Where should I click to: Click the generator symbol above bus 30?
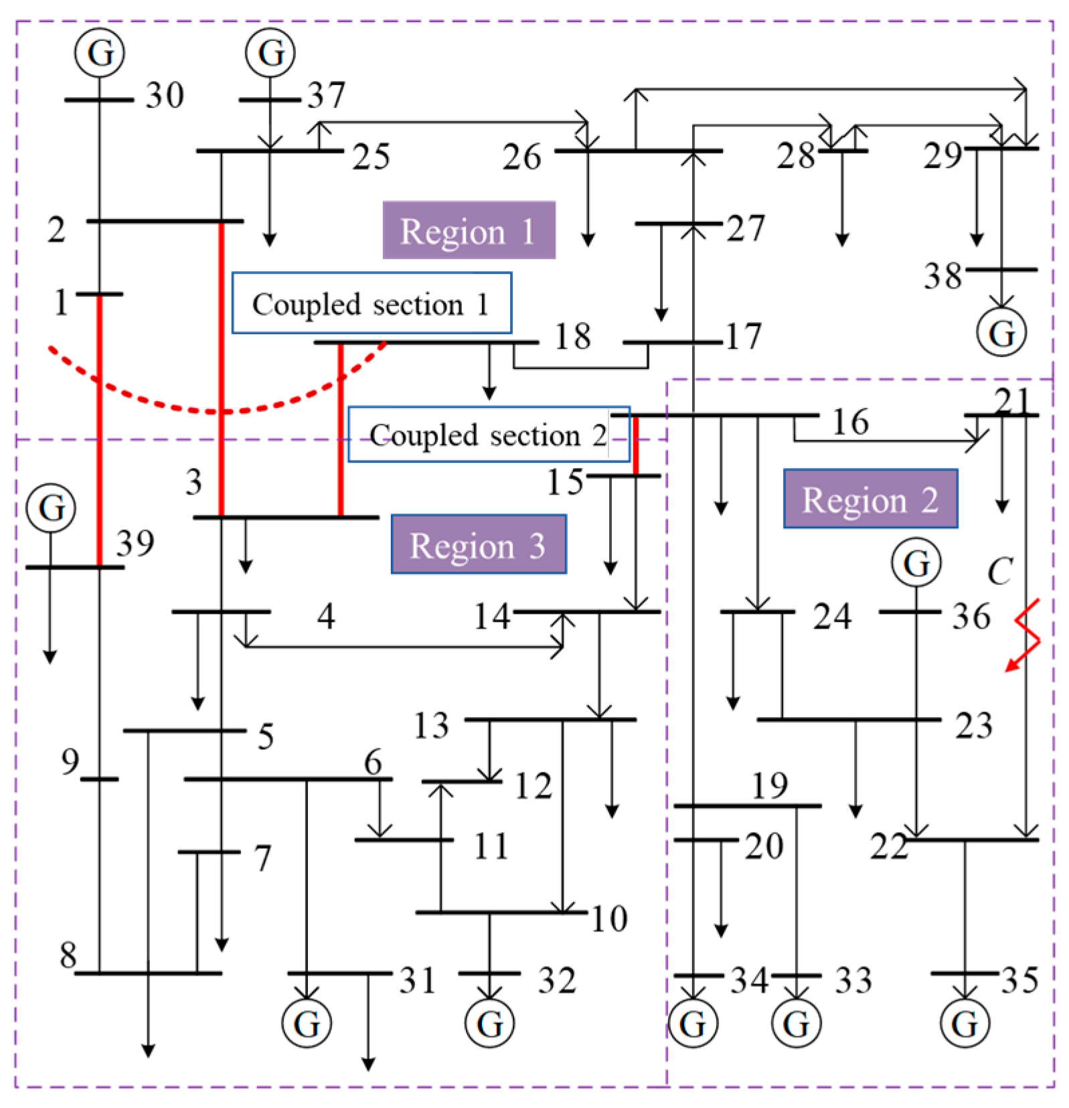pos(99,52)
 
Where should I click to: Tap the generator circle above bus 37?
pos(270,52)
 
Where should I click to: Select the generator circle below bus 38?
pos(1001,333)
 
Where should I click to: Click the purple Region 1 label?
pos(469,230)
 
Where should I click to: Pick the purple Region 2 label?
pos(870,499)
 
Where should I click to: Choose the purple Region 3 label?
pos(478,544)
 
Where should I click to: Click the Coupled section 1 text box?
pos(372,303)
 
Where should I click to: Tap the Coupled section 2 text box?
pos(489,434)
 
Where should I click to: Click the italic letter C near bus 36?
pos(999,571)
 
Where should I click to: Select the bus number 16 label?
pos(850,422)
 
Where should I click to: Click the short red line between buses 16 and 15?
pos(635,445)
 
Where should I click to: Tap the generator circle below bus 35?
pos(964,1023)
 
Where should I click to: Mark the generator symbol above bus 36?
pos(916,563)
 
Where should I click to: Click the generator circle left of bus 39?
pos(51,507)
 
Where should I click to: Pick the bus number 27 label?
pos(746,229)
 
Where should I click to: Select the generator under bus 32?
pos(489,1023)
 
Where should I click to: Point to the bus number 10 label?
pos(608,919)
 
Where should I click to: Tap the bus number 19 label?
pos(769,785)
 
